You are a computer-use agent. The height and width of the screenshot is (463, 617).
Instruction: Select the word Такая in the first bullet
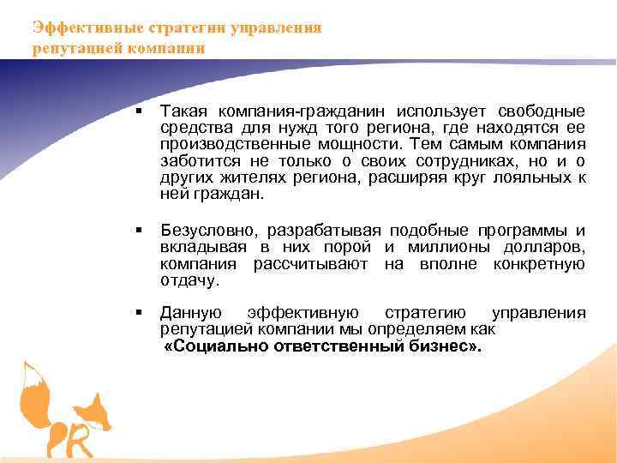pos(183,111)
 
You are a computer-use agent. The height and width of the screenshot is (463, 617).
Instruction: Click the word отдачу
pos(189,280)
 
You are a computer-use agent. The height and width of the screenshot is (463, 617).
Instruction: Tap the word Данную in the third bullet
pos(191,313)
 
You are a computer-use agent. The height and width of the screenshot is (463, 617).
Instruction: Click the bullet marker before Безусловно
pos(137,231)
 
